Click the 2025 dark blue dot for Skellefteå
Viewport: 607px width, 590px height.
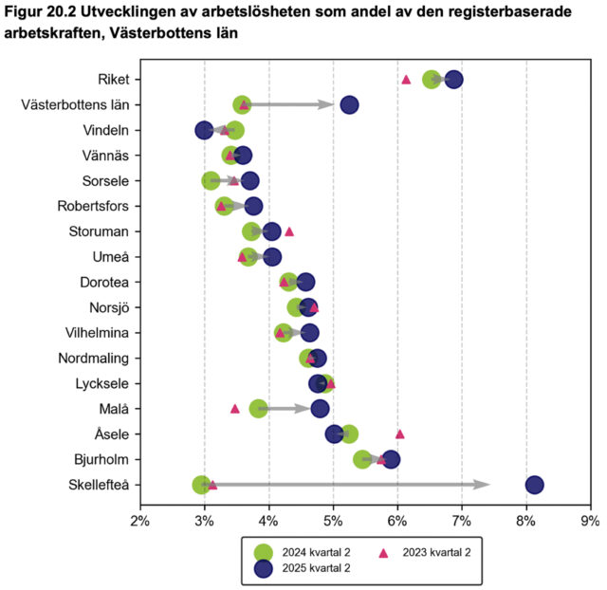point(534,485)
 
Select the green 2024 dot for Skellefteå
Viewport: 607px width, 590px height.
point(201,485)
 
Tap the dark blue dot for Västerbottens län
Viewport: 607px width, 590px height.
point(349,104)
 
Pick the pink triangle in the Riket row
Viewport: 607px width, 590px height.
point(406,80)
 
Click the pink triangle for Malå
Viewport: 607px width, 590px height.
point(235,409)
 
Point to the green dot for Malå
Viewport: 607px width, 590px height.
point(258,409)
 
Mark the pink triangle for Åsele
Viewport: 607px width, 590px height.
point(399,433)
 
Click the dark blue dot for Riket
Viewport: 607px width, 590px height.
point(453,79)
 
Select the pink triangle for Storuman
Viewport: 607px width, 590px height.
point(289,231)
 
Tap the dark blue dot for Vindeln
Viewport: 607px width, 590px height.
point(204,130)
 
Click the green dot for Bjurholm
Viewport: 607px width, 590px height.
point(362,459)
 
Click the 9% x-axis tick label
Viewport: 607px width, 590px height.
point(591,521)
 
